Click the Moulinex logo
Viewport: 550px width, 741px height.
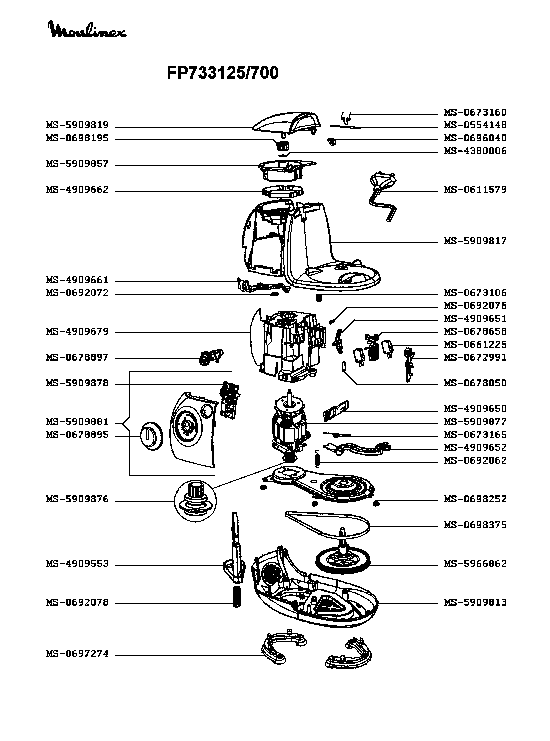(x=87, y=30)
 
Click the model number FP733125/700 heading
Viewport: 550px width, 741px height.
(x=222, y=74)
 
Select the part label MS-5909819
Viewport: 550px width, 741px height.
(x=77, y=125)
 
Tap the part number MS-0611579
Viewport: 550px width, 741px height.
(x=475, y=190)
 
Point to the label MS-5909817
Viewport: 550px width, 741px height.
(x=475, y=241)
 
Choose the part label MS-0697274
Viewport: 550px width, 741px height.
(x=77, y=654)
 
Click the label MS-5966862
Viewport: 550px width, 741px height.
(x=475, y=564)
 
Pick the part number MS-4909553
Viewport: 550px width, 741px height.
(x=77, y=564)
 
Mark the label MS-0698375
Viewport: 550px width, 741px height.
(x=475, y=525)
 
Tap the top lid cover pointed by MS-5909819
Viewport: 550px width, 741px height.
(x=287, y=123)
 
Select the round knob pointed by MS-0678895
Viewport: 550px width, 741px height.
(x=149, y=435)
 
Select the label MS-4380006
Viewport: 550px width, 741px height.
(x=475, y=151)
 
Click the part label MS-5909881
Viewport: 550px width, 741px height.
(x=77, y=422)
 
